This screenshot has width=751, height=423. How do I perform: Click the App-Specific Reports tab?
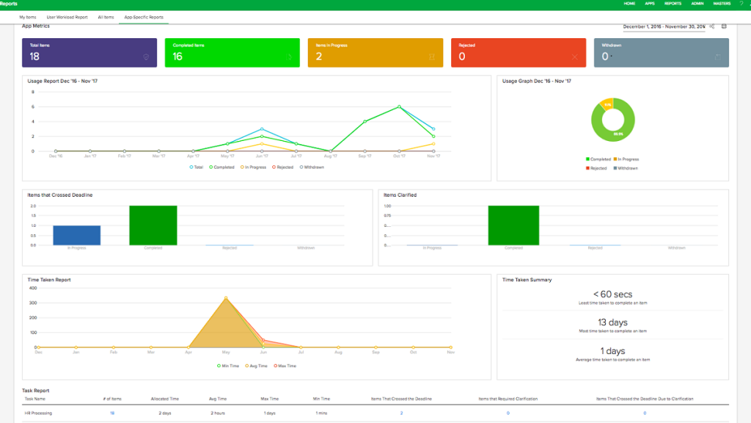[x=144, y=16]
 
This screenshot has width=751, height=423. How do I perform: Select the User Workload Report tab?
[x=67, y=16]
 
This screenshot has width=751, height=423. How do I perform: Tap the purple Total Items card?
[x=89, y=53]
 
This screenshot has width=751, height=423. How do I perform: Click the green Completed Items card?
[x=232, y=53]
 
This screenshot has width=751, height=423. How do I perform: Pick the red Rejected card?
[x=519, y=53]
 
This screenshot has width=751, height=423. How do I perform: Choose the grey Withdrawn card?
[x=662, y=53]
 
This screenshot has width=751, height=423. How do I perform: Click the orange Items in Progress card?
[x=375, y=53]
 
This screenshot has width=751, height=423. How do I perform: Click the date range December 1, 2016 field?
[x=664, y=26]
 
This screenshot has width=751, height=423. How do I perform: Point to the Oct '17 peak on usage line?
[x=399, y=106]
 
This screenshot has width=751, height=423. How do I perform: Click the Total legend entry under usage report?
[x=197, y=167]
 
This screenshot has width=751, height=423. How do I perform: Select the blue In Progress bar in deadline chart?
[x=77, y=235]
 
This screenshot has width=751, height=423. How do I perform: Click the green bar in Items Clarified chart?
[x=513, y=225]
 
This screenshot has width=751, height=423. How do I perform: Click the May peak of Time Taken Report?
[x=225, y=298]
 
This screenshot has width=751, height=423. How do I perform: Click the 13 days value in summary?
[x=612, y=322]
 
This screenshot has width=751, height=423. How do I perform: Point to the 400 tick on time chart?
[x=33, y=288]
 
